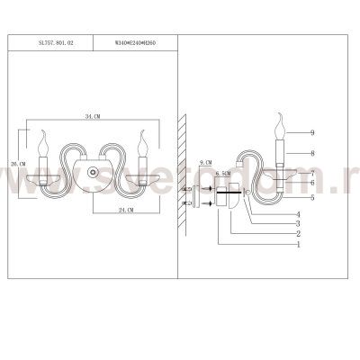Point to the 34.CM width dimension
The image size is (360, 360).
click(89, 117)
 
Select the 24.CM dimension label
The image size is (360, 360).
click(125, 209)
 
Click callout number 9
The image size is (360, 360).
click(312, 132)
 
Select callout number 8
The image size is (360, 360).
click(312, 153)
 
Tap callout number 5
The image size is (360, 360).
click(312, 196)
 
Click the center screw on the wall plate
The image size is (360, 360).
click(91, 173)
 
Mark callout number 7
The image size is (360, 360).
click(312, 172)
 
